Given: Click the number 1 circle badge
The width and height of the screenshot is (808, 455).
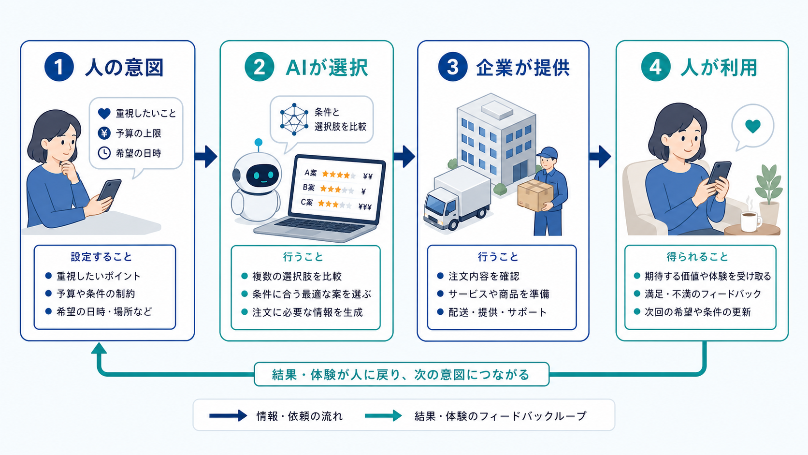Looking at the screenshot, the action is [59, 67].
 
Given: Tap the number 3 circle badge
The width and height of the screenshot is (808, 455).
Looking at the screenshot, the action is [453, 67].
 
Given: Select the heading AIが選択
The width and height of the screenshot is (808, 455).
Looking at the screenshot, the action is [327, 68].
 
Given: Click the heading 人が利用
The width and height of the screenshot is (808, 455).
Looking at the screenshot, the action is [719, 68].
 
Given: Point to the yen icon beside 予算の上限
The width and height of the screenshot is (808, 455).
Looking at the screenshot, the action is [104, 133].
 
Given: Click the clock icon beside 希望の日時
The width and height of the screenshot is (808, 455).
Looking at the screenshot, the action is [104, 153].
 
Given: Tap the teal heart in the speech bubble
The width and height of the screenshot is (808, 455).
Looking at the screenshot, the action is [753, 126].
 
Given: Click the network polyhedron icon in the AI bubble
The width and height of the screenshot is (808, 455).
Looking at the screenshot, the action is [294, 119].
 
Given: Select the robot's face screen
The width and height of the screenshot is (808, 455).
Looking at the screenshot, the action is [262, 176].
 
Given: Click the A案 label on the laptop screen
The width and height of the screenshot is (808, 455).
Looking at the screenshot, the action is [311, 173].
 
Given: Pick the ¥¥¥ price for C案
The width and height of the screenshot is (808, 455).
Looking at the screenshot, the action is [365, 207].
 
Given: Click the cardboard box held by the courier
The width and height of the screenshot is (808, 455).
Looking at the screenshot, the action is [535, 195].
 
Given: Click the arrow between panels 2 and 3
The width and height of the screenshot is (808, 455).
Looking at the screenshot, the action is [404, 156].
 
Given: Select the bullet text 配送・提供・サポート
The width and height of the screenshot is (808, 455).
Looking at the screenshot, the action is [497, 312].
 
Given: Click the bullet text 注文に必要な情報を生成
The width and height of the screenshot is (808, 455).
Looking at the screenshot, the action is [307, 312].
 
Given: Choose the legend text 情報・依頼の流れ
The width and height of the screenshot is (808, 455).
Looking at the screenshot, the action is [300, 416].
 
